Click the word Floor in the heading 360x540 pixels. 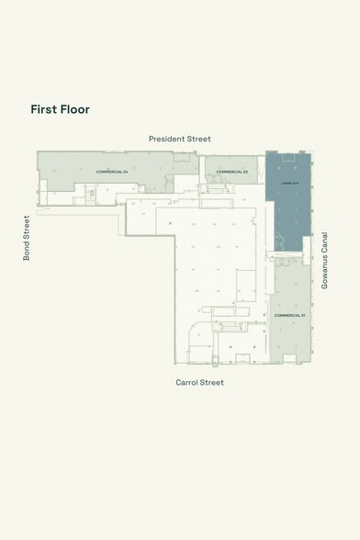75,108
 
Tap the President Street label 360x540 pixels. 180,138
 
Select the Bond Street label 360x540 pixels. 27,238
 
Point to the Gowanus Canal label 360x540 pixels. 324,260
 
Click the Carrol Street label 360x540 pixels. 200,382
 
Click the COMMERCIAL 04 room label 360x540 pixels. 112,172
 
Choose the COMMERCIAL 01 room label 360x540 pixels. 289,315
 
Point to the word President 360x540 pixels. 168,138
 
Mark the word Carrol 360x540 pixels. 188,382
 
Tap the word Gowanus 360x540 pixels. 324,273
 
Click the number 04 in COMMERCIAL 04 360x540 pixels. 125,172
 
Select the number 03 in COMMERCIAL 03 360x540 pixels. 246,172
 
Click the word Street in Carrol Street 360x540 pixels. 212,382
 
